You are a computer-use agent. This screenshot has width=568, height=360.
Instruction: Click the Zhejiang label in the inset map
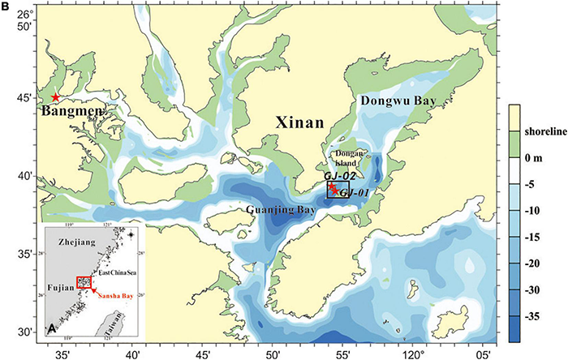[x=71, y=242]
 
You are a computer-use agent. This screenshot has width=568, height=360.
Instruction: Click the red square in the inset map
[x=84, y=281]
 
